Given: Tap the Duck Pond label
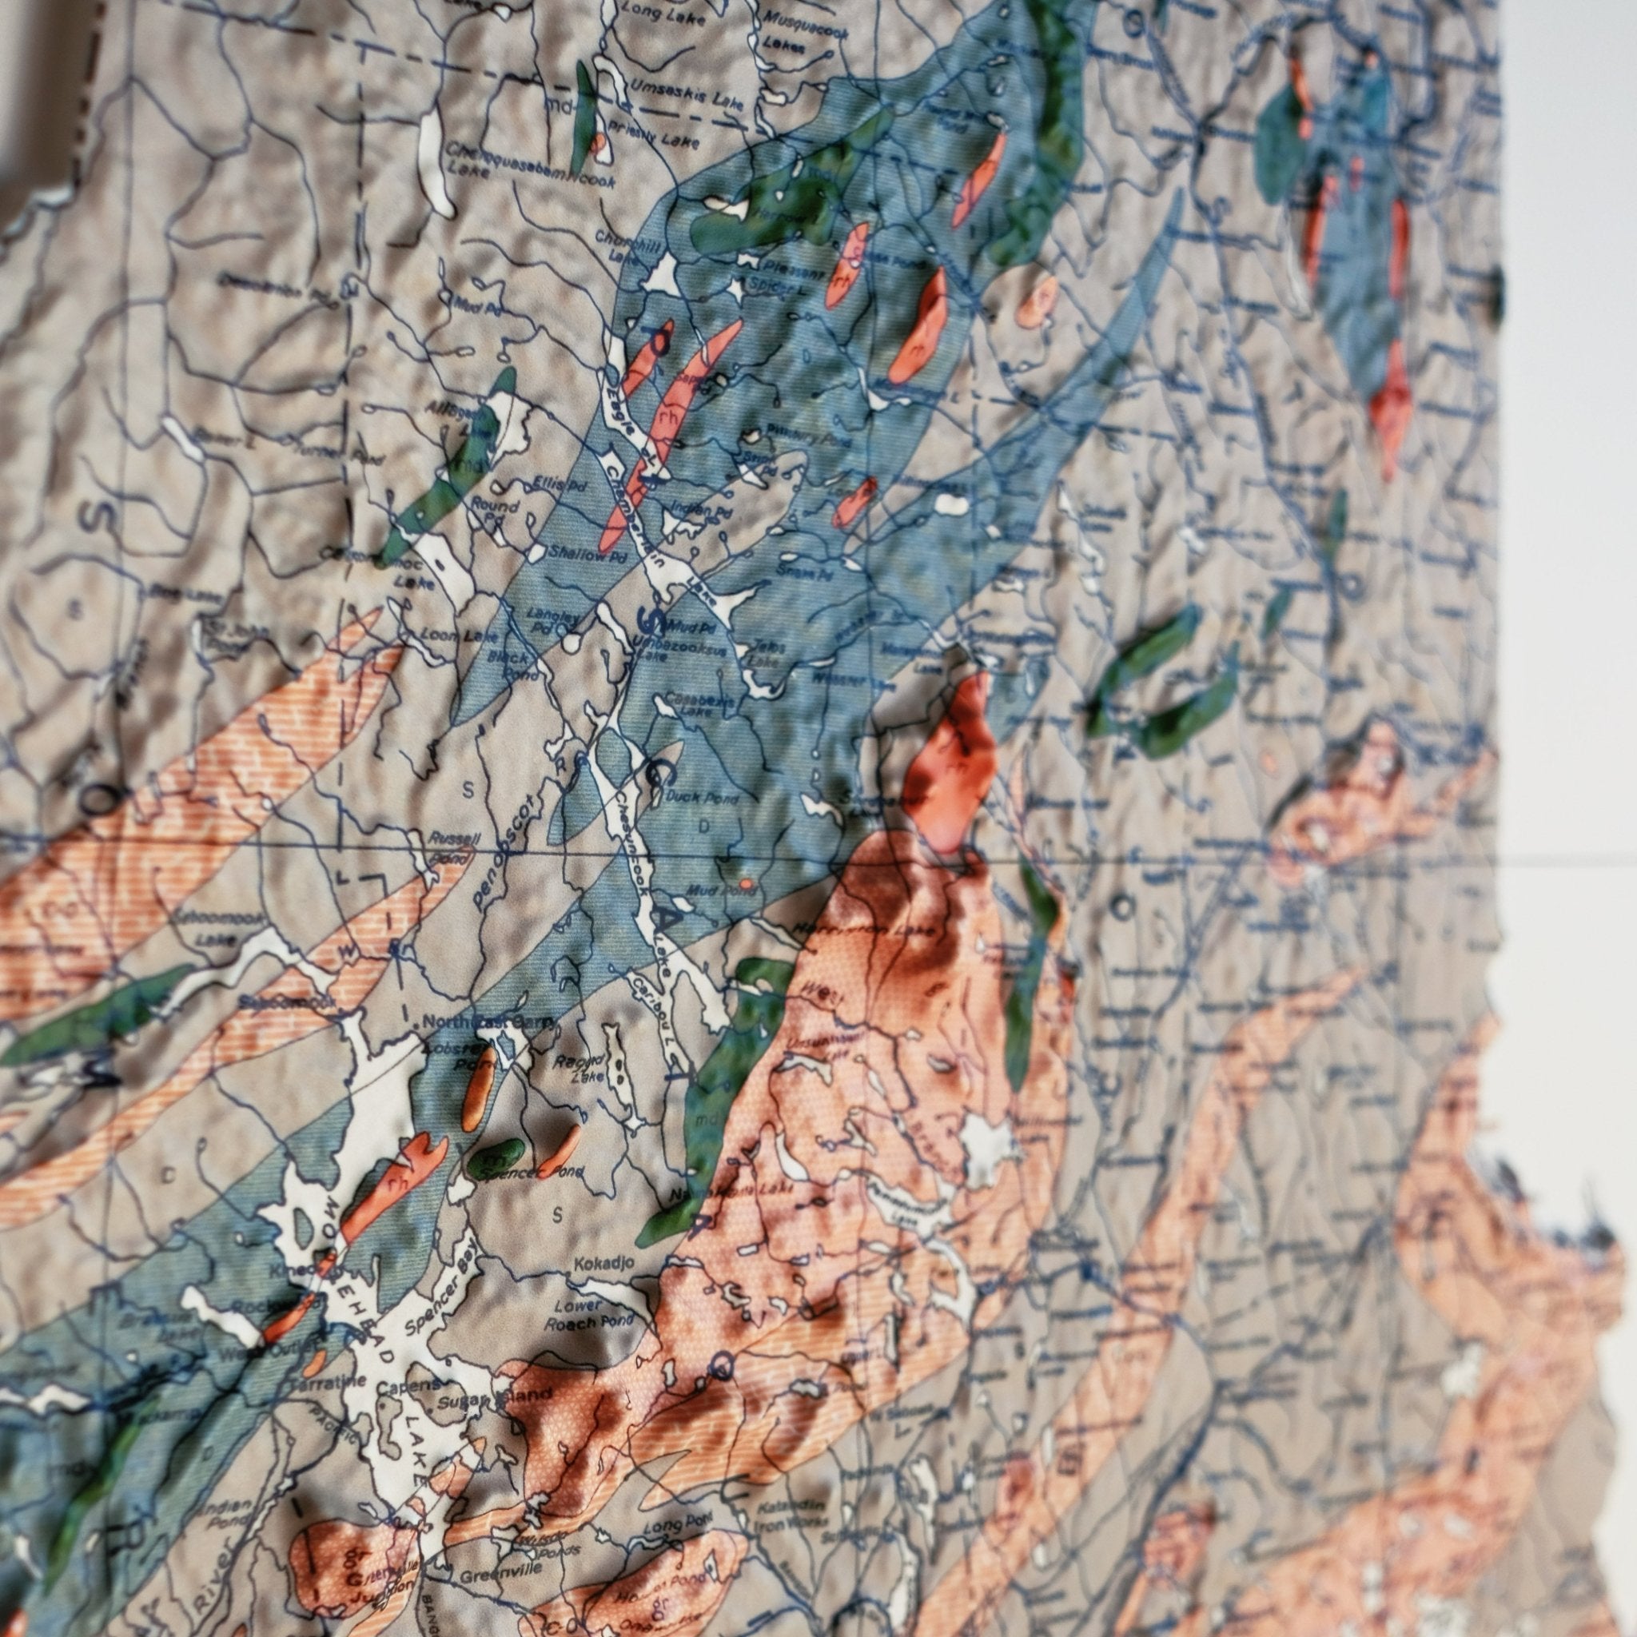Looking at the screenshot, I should click(703, 797).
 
